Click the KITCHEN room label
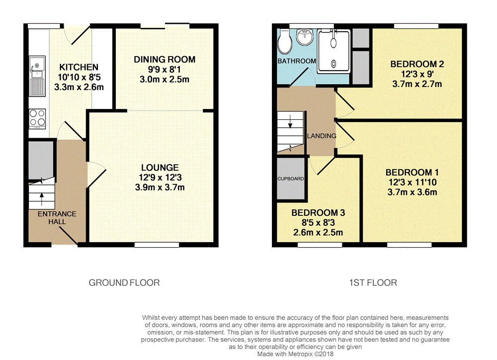79,67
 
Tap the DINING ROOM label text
165,60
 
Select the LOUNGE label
160,168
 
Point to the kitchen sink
37,76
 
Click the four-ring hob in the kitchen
37,119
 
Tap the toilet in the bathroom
285,42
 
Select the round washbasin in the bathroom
305,37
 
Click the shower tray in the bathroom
334,51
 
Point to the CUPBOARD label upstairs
291,179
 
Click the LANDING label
322,136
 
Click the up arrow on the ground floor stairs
42,199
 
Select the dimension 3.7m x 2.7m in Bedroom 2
417,84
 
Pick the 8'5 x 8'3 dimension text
318,223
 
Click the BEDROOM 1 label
412,173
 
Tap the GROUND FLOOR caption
124,282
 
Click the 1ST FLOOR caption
373,282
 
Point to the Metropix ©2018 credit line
295,354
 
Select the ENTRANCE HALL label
57,218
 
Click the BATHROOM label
297,61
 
